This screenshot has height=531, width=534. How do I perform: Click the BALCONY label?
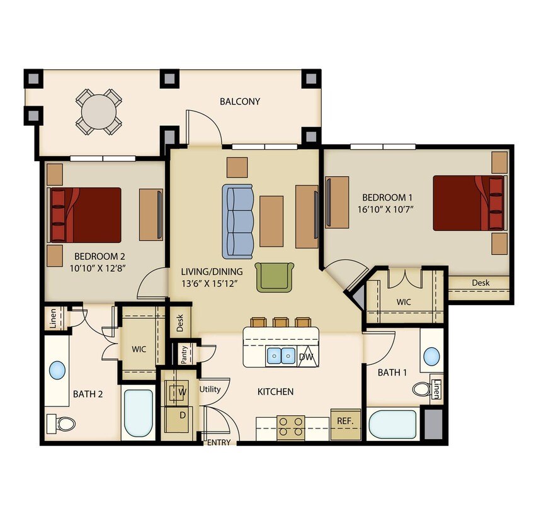(239, 101)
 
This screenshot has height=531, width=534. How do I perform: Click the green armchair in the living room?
(275, 276)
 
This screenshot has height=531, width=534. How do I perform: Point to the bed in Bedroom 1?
(469, 203)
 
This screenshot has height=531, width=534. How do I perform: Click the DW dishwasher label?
(307, 357)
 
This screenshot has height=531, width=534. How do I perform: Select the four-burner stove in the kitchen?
(290, 427)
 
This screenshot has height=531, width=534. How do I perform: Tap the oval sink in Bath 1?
(431, 356)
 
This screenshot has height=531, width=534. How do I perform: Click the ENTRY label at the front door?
(219, 442)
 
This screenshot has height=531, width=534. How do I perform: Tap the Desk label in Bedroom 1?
(480, 283)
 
